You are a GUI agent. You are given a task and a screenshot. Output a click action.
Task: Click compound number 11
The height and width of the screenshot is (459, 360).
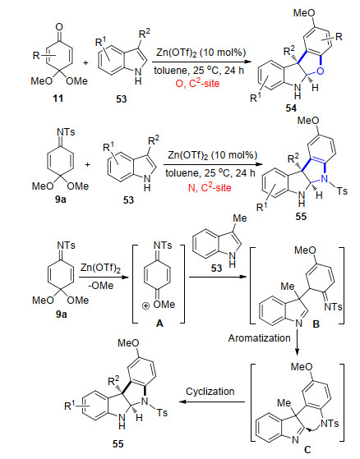(x=58, y=99)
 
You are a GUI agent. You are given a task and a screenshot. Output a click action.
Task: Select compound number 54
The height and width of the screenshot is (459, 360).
(x=291, y=108)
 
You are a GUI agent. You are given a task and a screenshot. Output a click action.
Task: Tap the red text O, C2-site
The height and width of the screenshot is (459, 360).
(x=197, y=84)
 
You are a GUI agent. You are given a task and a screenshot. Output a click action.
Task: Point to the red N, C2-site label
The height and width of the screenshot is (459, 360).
(x=210, y=187)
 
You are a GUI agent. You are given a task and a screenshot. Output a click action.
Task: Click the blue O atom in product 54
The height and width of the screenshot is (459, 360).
(x=321, y=71)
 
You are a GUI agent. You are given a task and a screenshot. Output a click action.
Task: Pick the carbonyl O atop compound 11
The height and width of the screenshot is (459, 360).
(x=59, y=27)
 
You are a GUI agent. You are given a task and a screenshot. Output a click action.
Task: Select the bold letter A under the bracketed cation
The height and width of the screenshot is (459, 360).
(x=159, y=324)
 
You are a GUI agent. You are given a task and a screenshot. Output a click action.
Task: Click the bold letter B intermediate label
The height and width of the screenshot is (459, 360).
(x=316, y=324)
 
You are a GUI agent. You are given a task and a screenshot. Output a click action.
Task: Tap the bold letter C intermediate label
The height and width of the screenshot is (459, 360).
(x=307, y=449)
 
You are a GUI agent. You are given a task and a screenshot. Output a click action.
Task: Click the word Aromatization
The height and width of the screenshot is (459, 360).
(x=259, y=338)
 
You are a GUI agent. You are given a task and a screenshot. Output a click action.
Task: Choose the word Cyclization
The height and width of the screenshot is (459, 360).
(x=210, y=392)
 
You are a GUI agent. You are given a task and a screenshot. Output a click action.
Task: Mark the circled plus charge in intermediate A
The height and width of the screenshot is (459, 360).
(x=145, y=306)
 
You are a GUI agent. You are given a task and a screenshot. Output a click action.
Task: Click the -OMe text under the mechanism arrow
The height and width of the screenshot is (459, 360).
(x=101, y=286)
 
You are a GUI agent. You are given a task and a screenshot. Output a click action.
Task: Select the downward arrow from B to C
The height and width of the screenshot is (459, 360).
(x=298, y=342)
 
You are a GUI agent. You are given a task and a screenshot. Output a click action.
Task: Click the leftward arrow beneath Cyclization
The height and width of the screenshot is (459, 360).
(x=212, y=402)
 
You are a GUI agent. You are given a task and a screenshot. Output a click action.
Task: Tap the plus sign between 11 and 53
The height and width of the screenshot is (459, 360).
(x=85, y=62)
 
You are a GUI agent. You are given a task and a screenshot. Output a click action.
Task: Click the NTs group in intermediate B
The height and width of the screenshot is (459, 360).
(x=333, y=306)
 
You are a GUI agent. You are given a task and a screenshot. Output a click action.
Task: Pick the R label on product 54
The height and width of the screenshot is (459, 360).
(x=339, y=37)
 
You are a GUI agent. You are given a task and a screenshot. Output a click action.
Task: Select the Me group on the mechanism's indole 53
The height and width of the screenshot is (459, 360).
(x=240, y=218)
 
